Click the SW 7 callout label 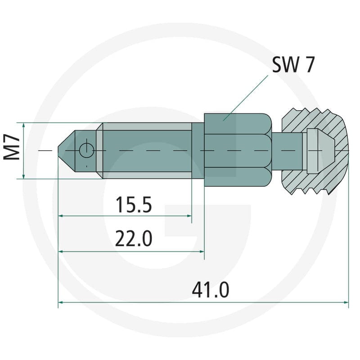tap(293, 64)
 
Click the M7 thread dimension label tap(12, 148)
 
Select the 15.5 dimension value tap(134, 205)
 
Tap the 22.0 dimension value tap(133, 238)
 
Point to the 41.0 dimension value tap(211, 290)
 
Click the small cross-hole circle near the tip tap(86, 151)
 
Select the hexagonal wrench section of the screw tap(238, 150)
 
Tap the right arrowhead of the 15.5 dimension tap(189, 216)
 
